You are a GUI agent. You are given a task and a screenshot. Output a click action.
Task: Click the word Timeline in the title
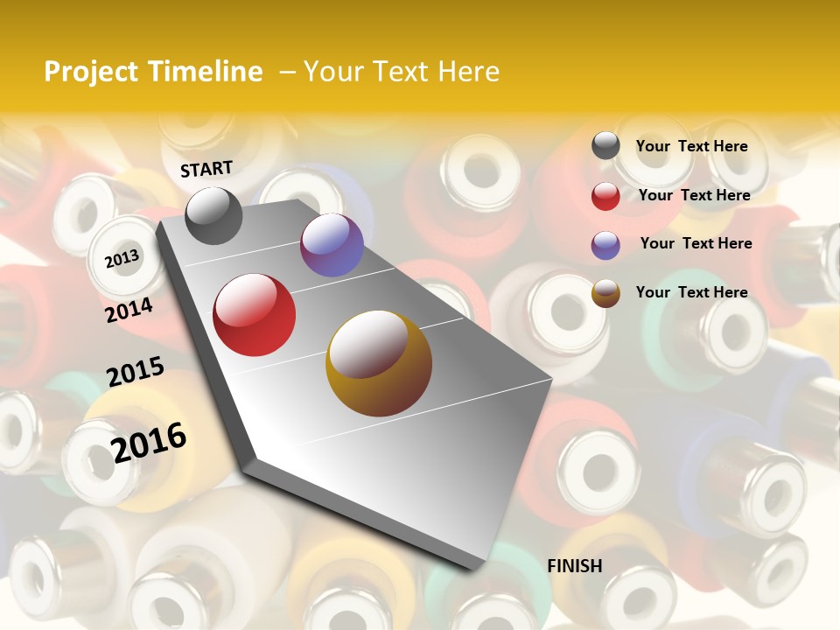click(x=204, y=72)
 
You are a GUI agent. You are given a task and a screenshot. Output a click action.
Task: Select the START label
click(x=206, y=169)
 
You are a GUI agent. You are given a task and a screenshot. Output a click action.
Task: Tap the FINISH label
click(x=575, y=566)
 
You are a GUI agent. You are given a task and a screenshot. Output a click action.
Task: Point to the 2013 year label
click(x=122, y=259)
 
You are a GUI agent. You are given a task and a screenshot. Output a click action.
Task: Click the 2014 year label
click(x=129, y=310)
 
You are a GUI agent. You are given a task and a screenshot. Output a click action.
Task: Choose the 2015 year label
click(x=135, y=372)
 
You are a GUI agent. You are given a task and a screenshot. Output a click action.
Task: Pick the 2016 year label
click(x=149, y=442)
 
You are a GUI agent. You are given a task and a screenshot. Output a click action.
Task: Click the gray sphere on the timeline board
click(x=213, y=215)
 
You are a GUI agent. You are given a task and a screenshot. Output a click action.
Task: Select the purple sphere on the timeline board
click(x=332, y=245)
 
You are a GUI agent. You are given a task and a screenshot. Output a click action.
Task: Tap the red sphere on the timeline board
click(x=255, y=315)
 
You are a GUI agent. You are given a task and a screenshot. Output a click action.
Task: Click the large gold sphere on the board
click(x=379, y=363)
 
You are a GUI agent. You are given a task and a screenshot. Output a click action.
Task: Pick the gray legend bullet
click(x=605, y=146)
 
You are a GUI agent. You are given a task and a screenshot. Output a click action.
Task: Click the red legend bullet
click(x=605, y=196)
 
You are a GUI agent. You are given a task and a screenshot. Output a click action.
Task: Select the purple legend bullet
click(x=605, y=245)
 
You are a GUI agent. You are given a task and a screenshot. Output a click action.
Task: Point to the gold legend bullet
click(x=605, y=293)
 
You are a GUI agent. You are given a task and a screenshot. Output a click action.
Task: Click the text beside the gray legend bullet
click(x=691, y=146)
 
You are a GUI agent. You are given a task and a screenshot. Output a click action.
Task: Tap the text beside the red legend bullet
click(x=694, y=195)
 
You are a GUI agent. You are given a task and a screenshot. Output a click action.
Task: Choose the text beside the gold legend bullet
click(x=691, y=292)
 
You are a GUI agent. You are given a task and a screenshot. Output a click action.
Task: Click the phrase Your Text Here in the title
click(x=402, y=72)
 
